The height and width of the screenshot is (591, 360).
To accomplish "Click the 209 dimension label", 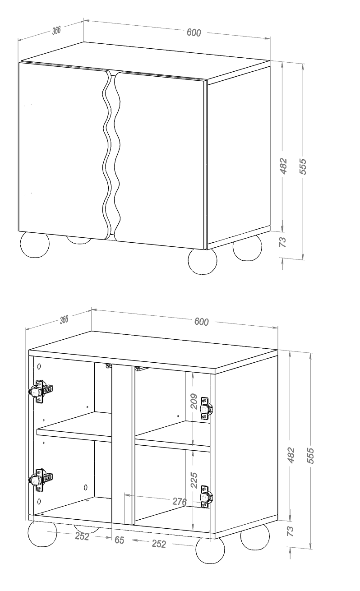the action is click(194, 402).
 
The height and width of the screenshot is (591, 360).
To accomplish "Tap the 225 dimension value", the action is click(194, 480).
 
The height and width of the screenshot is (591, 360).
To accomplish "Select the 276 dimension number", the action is click(180, 502).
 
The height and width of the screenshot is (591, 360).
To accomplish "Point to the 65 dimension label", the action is click(119, 540).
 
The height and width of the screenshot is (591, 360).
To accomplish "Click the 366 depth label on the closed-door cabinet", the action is click(56, 30).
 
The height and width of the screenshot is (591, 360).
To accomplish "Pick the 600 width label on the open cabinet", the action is click(202, 322).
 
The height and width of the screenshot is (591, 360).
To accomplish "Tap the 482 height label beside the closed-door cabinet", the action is click(283, 166).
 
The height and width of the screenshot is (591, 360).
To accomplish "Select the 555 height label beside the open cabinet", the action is click(311, 456).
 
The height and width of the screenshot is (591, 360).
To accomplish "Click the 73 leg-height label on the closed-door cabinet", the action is click(283, 242).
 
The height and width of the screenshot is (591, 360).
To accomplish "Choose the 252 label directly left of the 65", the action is click(82, 536).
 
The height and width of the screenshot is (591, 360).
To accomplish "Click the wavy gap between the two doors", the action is click(111, 156).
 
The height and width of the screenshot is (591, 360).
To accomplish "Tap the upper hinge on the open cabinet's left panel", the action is click(40, 391).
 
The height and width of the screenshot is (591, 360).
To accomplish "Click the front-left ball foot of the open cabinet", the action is click(42, 535).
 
